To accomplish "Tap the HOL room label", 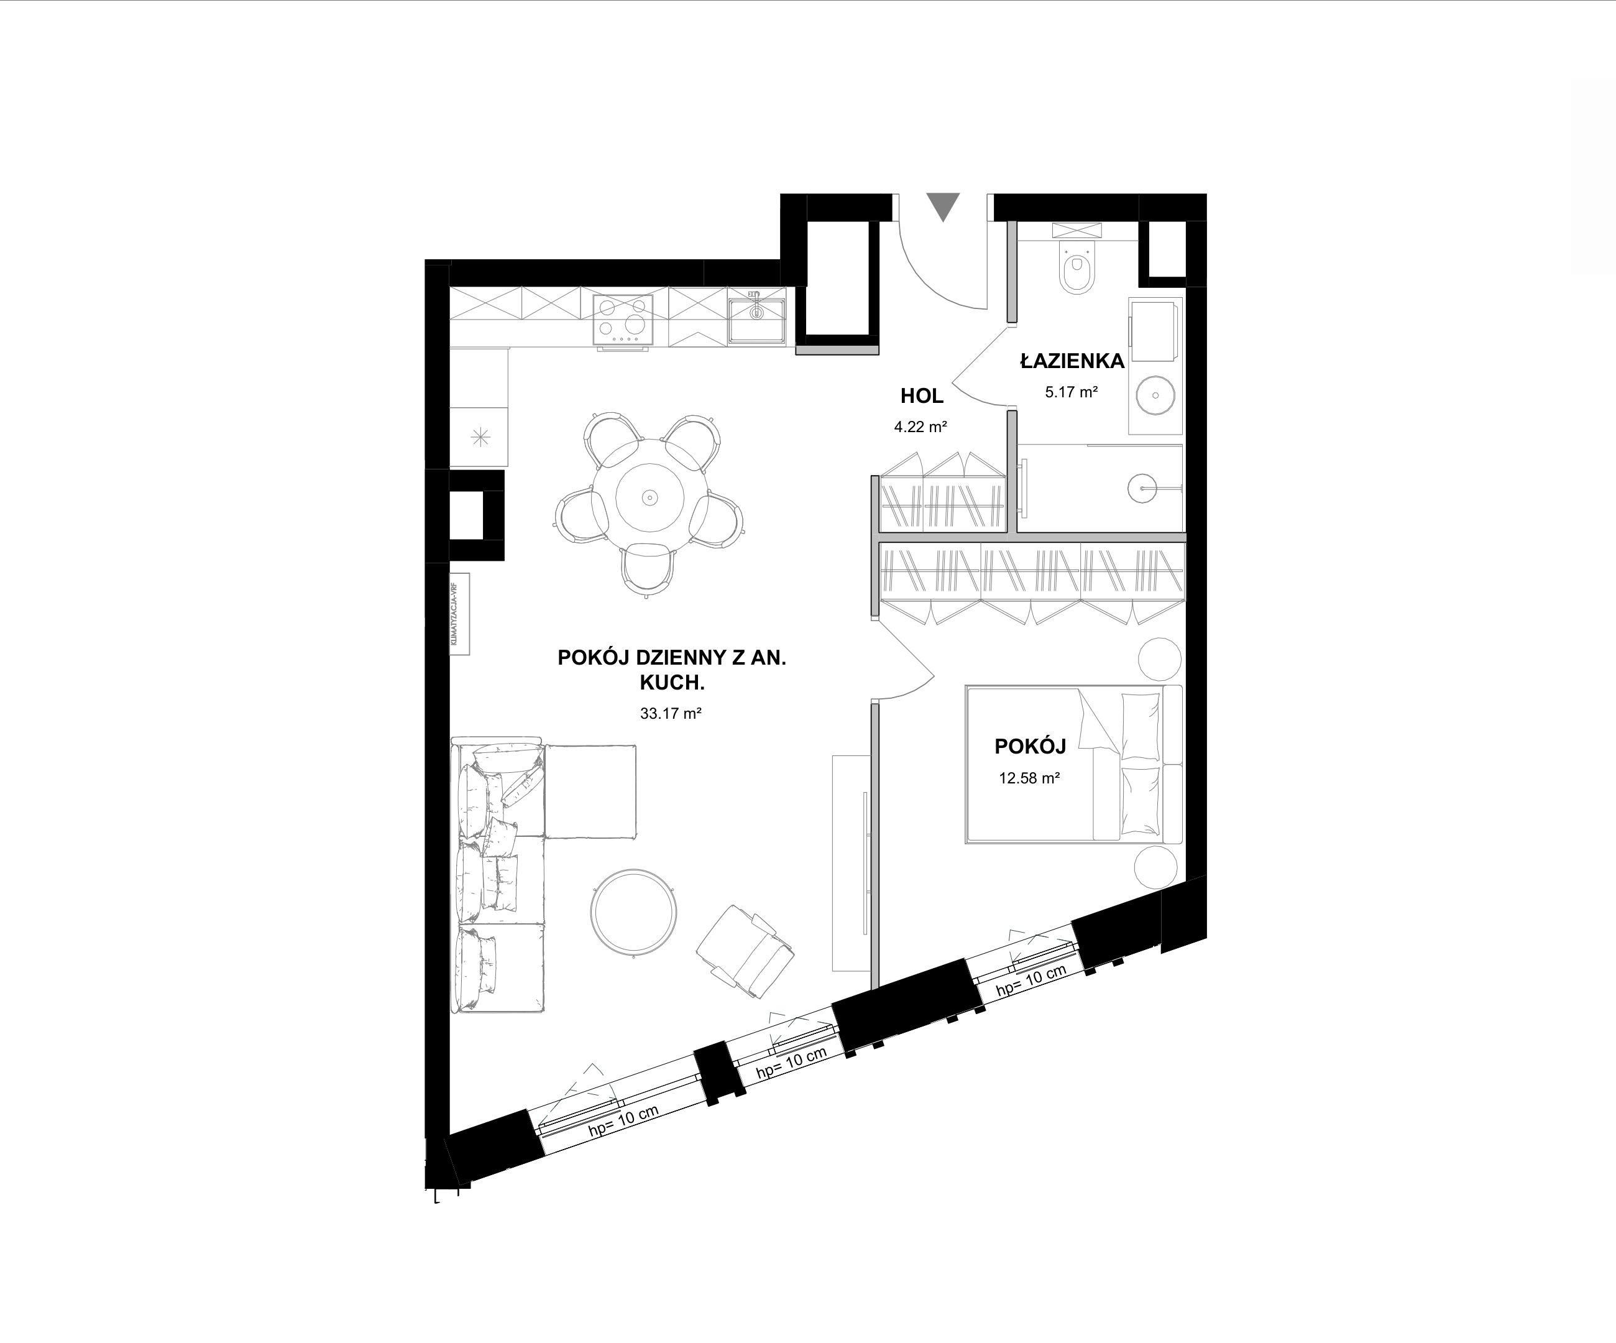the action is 922,396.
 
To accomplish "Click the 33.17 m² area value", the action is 670,713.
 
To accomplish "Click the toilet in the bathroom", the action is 1077,265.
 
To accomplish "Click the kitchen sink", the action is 756,317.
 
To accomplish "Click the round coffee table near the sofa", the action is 634,912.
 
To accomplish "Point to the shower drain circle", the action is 1142,488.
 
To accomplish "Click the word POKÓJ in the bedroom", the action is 1030,747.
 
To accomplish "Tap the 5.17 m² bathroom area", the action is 1071,392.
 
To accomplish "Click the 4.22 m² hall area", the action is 920,427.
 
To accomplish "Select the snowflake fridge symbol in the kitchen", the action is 480,438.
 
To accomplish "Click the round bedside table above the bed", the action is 1160,659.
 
